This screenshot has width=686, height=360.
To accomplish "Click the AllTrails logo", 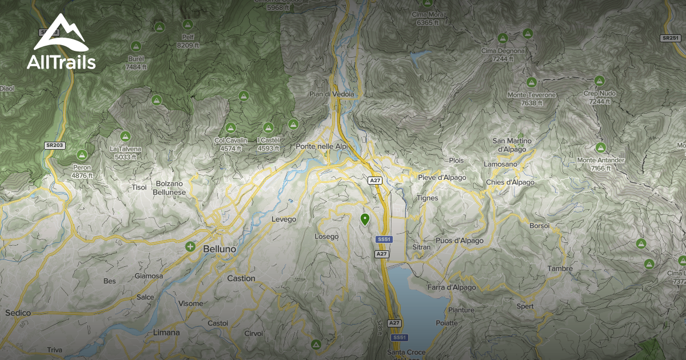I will (61, 42).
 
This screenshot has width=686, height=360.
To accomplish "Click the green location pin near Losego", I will (365, 219).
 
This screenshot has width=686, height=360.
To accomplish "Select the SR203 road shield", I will (55, 146).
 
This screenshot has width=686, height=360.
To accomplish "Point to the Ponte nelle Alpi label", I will (324, 147).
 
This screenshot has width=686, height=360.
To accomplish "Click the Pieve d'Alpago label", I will (442, 178).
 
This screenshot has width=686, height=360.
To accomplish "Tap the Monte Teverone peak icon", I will (531, 82).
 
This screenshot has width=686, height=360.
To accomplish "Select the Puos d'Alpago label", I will (459, 241).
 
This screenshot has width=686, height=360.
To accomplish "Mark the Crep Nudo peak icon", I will (600, 81).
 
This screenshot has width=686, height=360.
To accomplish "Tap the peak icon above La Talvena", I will (125, 137).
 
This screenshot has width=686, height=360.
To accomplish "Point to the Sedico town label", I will (18, 313).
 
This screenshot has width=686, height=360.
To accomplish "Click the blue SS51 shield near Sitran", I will (384, 239).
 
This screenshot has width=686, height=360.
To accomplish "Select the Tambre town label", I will (560, 269).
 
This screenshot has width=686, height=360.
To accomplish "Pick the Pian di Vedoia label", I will (332, 94).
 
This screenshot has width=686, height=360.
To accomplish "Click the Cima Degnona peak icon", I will (502, 38).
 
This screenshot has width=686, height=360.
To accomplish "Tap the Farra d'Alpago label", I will (451, 287).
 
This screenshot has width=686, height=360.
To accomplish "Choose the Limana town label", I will (166, 333).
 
